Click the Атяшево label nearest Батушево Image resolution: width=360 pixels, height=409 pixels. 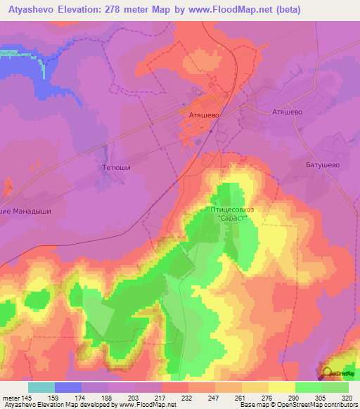(x=287, y=112)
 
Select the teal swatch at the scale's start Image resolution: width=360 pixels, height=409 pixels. (x=41, y=387)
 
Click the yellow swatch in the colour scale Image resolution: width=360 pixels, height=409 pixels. (x=282, y=387)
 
